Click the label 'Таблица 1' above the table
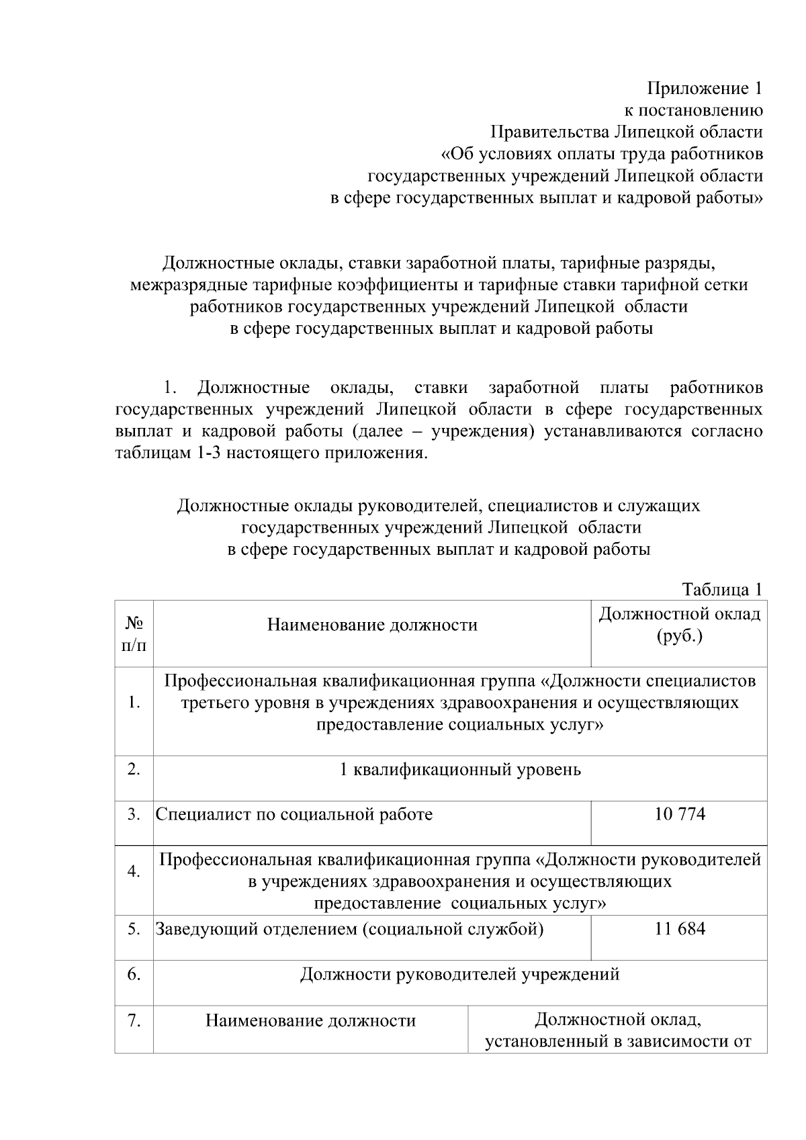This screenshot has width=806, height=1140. click(x=722, y=590)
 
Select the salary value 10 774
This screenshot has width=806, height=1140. click(x=680, y=814)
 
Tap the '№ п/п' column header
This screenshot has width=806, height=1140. click(x=134, y=635)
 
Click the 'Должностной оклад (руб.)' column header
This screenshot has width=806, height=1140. click(x=679, y=625)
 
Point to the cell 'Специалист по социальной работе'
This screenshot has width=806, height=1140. click(x=294, y=814)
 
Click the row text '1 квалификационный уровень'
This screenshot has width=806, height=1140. click(x=460, y=770)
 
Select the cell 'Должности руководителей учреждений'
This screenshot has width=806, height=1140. click(x=459, y=974)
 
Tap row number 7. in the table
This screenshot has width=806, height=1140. click(x=134, y=1021)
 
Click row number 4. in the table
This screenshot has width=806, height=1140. click(x=134, y=871)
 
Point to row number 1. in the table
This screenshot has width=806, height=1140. click(x=134, y=703)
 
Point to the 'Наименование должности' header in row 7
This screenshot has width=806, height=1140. click(x=310, y=1021)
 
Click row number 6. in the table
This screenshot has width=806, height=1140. click(x=134, y=974)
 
